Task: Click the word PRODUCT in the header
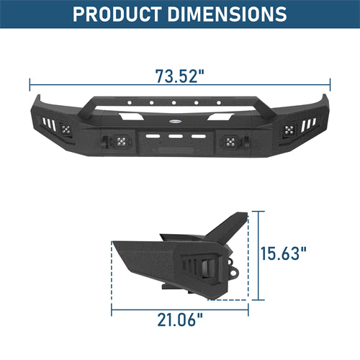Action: pos(117,14)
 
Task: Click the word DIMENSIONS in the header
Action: pos(227,14)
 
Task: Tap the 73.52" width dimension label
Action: pos(180,76)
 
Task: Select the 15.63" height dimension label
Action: pos(284,253)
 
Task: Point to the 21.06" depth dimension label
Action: pos(180,320)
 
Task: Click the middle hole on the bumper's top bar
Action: pos(174,103)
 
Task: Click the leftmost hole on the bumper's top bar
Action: pos(130,103)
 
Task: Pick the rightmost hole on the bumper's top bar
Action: pos(219,103)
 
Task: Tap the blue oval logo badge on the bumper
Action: pos(176,122)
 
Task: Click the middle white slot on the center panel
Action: pos(176,136)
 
